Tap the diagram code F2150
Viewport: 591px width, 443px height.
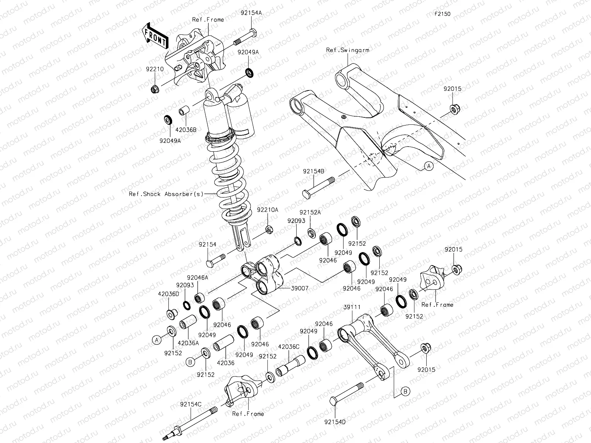pos(442,14)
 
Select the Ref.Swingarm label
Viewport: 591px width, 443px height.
pos(347,50)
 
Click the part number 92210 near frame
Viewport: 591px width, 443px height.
pos(154,69)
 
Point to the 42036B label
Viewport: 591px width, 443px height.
pos(186,130)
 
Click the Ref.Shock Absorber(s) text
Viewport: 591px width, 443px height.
pos(166,194)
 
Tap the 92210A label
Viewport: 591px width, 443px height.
pos(268,210)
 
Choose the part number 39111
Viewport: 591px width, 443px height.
pos(352,307)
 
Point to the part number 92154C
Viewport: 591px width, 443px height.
pos(191,404)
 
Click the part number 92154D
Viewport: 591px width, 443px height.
pos(335,421)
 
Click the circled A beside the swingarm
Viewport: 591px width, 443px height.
pos(428,166)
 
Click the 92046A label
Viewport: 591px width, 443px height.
pos(198,277)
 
